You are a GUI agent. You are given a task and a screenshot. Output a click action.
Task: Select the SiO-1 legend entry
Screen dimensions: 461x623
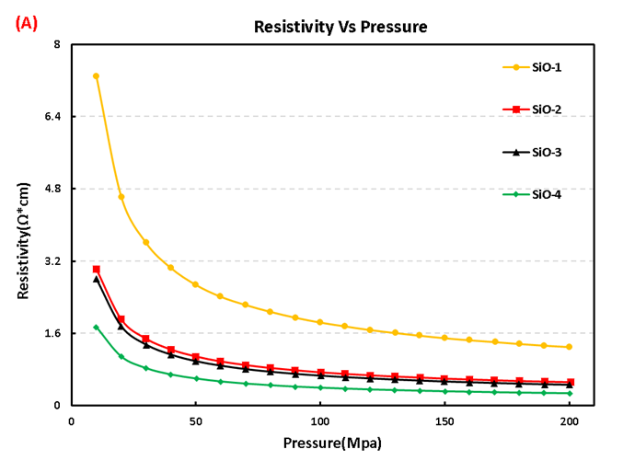(544, 66)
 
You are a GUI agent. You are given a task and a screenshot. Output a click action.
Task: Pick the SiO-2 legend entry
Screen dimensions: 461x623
(544, 109)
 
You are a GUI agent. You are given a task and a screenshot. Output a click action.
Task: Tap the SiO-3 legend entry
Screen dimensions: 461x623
(544, 152)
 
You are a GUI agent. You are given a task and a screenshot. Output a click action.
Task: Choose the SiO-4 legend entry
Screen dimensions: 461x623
(544, 194)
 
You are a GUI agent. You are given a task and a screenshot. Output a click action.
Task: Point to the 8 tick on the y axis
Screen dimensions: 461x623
(57, 44)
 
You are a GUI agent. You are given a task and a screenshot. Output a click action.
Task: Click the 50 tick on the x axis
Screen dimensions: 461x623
(195, 422)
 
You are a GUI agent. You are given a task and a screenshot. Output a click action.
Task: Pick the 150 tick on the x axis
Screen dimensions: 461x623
(444, 422)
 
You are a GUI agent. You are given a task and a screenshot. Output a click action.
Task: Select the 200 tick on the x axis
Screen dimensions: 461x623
(569, 422)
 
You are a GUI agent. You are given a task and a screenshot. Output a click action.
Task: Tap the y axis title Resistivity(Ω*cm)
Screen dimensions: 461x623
(23, 225)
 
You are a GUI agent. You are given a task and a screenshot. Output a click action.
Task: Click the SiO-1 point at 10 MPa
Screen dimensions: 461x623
(96, 76)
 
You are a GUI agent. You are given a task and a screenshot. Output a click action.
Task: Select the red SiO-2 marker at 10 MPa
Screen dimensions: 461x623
(96, 270)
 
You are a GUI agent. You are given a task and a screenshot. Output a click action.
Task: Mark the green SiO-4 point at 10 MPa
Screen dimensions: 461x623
(96, 327)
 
